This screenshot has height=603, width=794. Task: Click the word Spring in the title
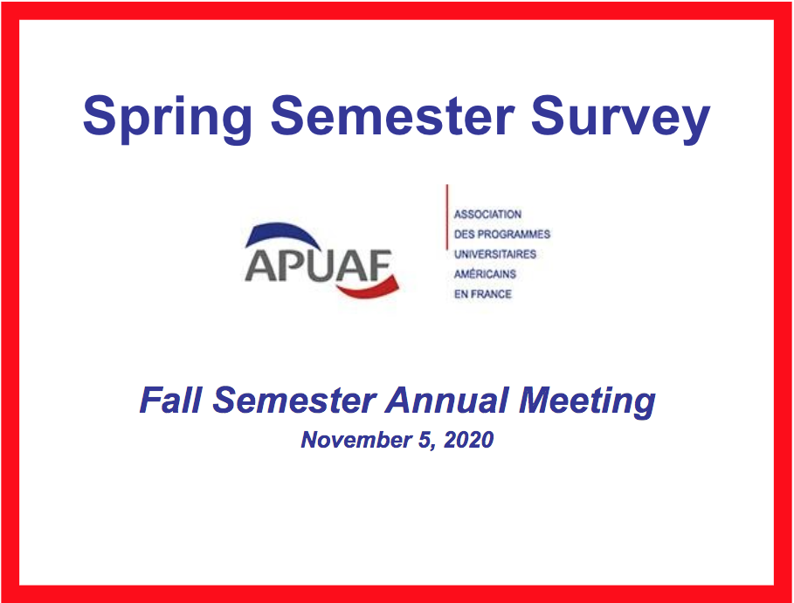[167, 119]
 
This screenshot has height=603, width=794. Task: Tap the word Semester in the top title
[392, 115]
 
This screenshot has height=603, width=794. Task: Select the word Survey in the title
[620, 119]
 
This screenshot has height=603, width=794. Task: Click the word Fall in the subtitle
[170, 401]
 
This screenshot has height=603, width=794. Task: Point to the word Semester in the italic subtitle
[294, 401]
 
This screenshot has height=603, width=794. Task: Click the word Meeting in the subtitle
[587, 402]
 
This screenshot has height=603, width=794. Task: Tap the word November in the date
[356, 440]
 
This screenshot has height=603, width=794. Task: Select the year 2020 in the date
[469, 440]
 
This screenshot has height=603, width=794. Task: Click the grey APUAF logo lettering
[319, 265]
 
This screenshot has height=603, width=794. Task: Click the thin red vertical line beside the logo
[446, 217]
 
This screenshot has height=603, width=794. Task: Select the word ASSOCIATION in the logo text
[487, 215]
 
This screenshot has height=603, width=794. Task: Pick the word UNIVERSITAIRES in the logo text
[495, 254]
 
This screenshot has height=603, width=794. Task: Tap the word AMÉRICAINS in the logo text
[485, 274]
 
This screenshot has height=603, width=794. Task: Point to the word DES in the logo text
[465, 234]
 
